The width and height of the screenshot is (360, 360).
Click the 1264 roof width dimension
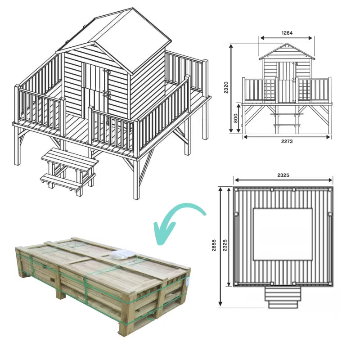pos(287,33)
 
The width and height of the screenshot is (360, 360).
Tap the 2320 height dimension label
pos(226,87)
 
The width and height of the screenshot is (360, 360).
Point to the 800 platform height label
pos(235,118)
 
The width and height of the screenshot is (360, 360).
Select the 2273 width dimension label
pos(287,141)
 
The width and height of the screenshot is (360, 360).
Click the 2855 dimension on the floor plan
pos(214,245)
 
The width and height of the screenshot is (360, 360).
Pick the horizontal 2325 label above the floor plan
pos(283,175)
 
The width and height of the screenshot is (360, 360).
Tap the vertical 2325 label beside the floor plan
pos(225,245)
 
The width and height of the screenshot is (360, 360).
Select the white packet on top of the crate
pos(122,255)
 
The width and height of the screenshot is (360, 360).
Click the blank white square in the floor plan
pos(283,234)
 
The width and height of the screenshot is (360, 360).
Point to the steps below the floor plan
pos(283,297)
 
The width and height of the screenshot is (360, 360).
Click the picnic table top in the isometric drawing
pos(70,159)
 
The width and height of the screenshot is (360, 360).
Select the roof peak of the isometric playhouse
pos(133,8)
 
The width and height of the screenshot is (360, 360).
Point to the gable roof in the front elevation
pos(287,52)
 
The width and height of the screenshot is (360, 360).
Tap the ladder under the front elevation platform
pos(287,119)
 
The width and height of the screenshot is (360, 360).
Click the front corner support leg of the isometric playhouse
pos(136,179)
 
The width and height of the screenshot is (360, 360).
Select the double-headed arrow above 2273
pos(287,137)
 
